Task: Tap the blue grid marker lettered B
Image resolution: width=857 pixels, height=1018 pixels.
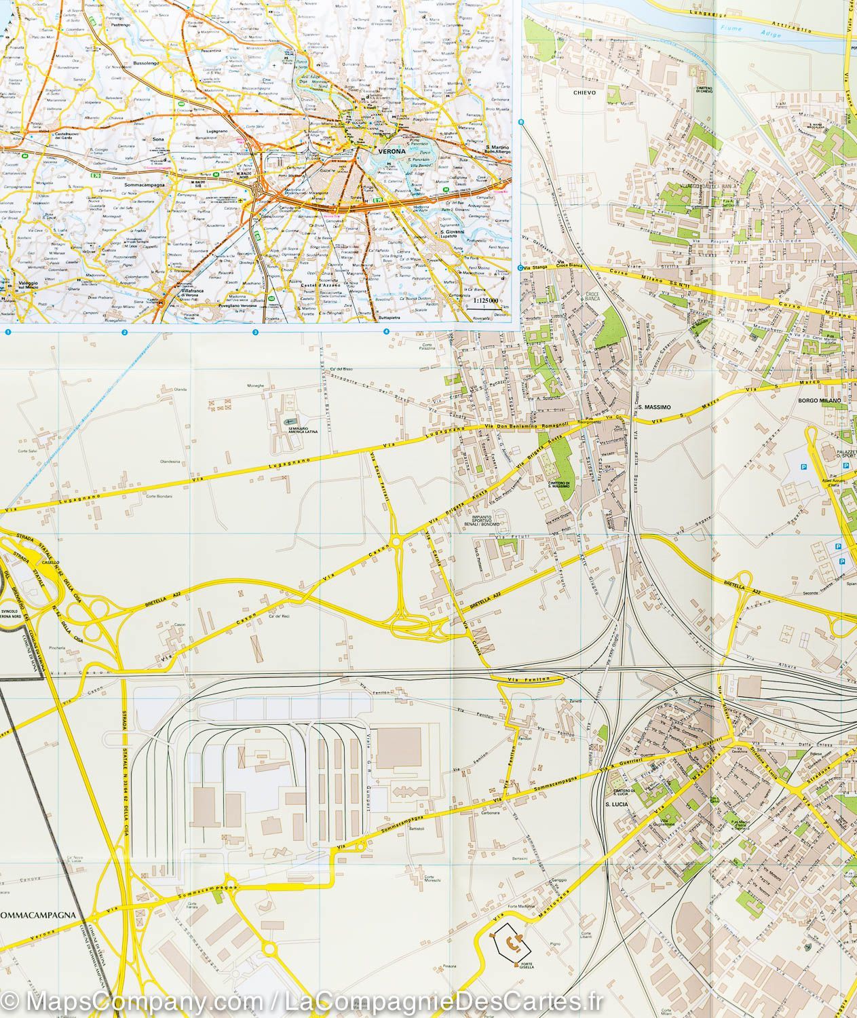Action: pyautogui.click(x=521, y=122)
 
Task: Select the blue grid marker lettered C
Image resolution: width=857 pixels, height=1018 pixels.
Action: pyautogui.click(x=521, y=267)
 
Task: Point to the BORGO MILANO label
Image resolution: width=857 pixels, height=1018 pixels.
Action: pyautogui.click(x=820, y=401)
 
